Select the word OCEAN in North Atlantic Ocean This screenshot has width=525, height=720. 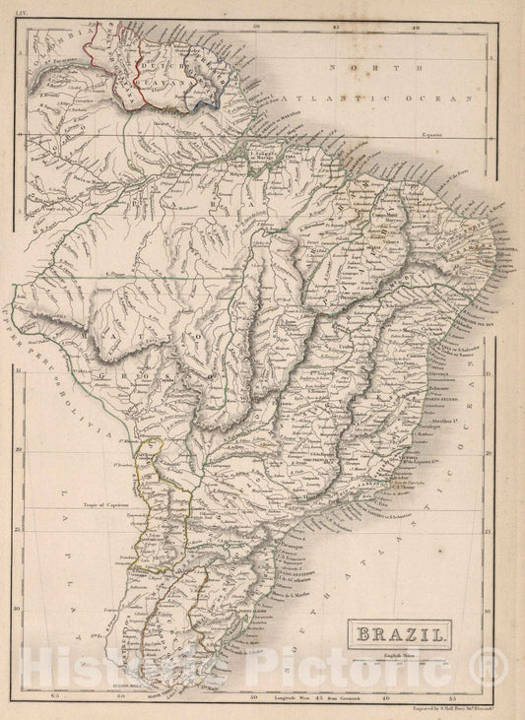tap(414, 99)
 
